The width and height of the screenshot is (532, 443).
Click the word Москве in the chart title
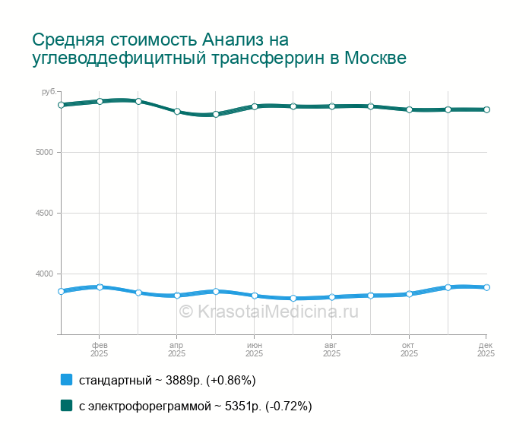pos(375,59)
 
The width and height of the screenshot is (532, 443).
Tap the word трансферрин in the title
pos(260,59)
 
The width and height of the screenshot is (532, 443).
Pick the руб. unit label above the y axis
pos(49,92)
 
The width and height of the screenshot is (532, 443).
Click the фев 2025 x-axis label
pos(99,350)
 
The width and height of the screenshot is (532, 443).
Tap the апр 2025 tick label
pos(176,350)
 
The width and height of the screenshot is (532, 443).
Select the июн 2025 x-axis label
pos(254,350)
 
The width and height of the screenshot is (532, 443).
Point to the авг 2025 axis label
pos(331,350)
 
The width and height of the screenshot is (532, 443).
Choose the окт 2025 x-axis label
pos(409,350)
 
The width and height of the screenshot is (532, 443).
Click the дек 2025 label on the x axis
pos(486,350)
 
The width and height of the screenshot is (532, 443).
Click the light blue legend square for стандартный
pos(66,380)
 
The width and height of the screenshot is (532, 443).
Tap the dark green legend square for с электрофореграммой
pos(66,406)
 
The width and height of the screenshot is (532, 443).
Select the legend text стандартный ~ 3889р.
pos(167,380)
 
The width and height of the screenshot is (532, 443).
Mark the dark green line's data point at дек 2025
pos(486,109)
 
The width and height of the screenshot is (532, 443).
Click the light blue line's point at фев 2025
pos(100,287)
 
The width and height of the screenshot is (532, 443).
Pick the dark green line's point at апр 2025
pos(177,111)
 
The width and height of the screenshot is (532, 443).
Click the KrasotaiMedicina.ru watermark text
pos(268,311)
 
